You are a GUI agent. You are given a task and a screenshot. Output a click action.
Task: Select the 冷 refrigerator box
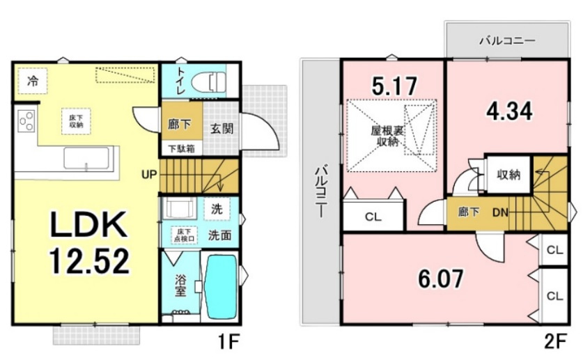(x=33, y=81)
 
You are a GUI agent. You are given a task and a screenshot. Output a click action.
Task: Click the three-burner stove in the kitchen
(x=26, y=121)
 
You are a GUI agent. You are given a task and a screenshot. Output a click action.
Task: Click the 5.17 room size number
(x=394, y=87)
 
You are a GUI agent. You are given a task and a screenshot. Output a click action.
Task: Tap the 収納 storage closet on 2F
(x=508, y=174)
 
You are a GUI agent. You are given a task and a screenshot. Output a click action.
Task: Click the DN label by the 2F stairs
(x=500, y=212)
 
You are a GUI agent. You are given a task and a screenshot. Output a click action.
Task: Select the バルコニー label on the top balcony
(x=506, y=41)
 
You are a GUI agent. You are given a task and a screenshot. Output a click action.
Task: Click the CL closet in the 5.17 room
(x=373, y=217)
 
